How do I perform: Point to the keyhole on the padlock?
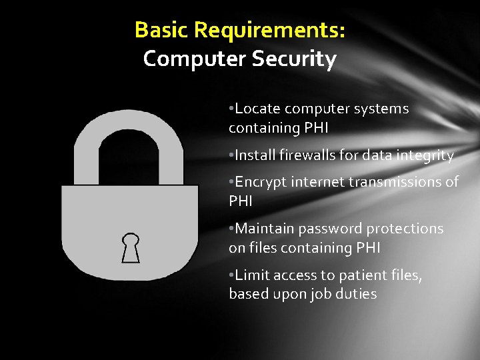tap(130, 247)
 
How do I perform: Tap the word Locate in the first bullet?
tap(257, 109)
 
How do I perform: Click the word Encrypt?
tap(261, 182)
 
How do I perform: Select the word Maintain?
tap(265, 229)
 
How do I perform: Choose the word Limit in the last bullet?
tap(251, 275)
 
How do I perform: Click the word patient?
tap(358, 275)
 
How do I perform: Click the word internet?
tap(319, 182)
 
